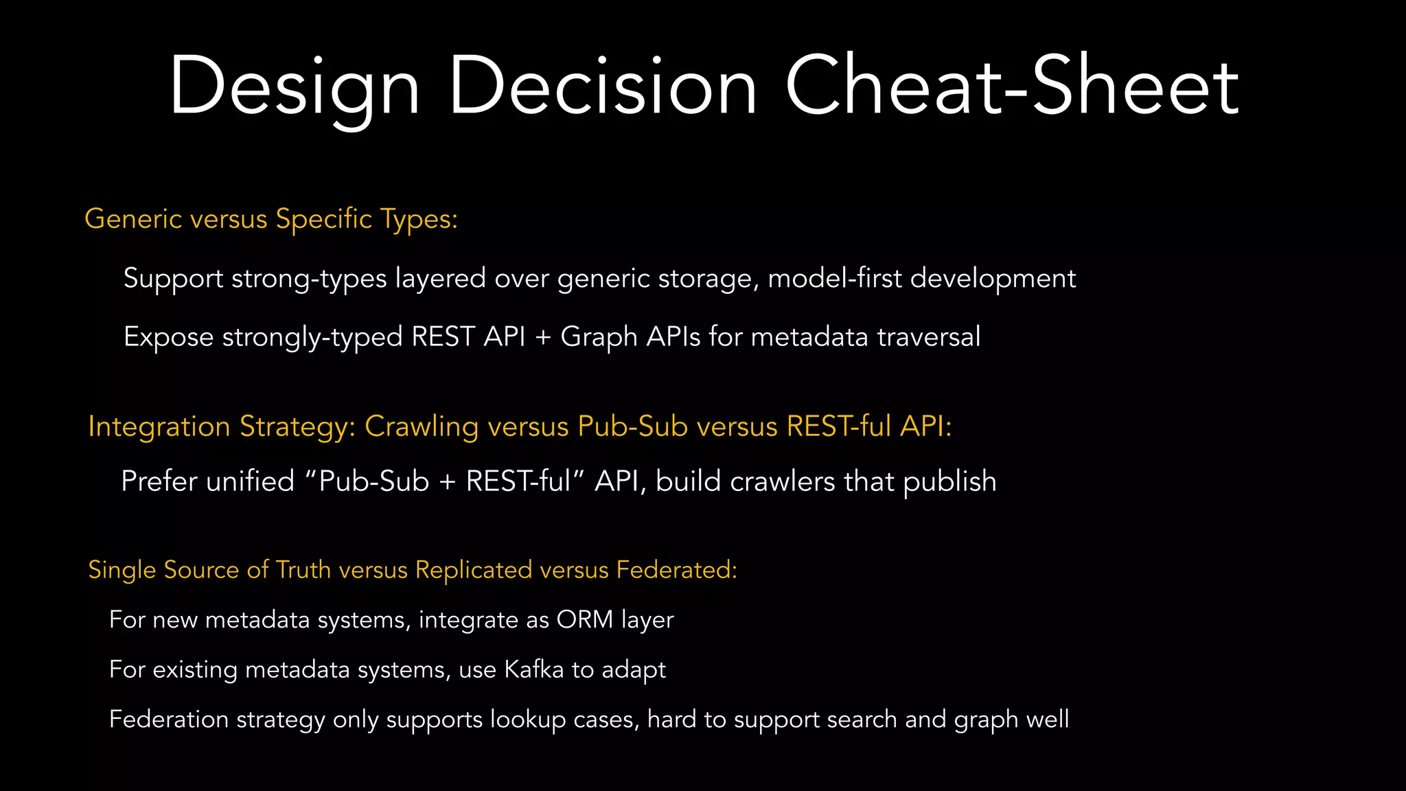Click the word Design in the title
(x=294, y=87)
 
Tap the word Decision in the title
(x=603, y=87)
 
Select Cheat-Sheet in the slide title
(x=1012, y=87)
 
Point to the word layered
(x=440, y=278)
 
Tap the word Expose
(x=168, y=338)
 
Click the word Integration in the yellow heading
(x=159, y=427)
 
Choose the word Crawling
(x=421, y=427)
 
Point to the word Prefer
(x=159, y=481)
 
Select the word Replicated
(x=474, y=571)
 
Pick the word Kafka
(x=533, y=669)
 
